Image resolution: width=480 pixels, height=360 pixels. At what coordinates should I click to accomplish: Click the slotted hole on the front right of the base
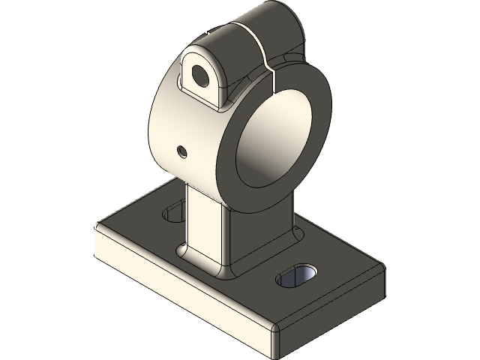click(298, 277)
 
